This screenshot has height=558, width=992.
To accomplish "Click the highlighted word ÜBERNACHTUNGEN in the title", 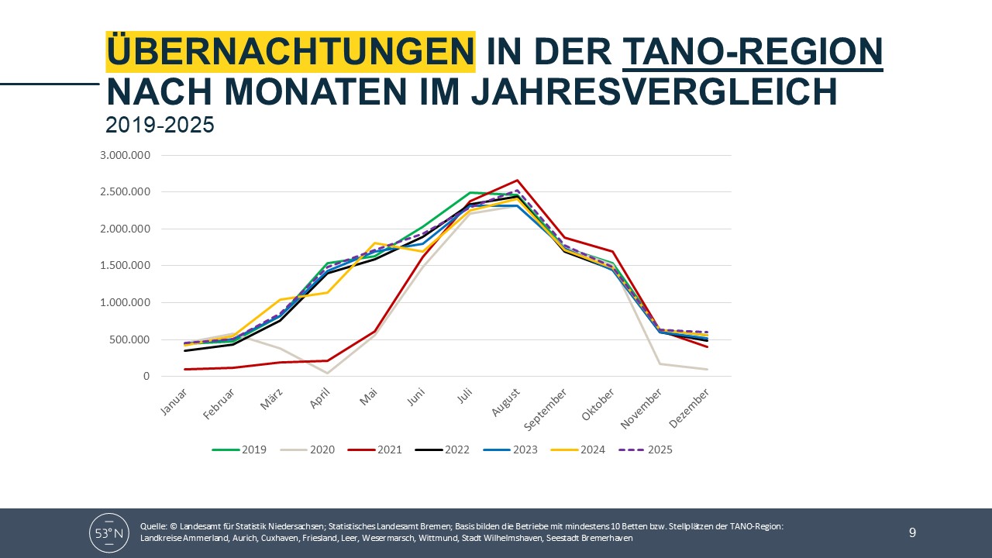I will (x=291, y=52).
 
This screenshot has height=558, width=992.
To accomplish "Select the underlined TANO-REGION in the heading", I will (x=753, y=52).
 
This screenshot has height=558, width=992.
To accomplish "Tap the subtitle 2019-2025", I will (x=160, y=125).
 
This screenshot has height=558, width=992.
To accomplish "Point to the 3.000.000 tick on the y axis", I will (x=125, y=155).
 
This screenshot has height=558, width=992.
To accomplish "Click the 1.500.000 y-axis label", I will (x=125, y=266).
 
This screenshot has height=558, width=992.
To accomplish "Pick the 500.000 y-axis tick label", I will (x=130, y=339).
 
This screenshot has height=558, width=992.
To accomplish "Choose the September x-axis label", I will (x=548, y=409).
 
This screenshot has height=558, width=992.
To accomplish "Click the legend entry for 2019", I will (x=239, y=449).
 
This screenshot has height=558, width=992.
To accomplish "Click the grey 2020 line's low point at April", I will (x=327, y=374).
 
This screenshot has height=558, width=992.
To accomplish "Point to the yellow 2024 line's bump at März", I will (x=280, y=300).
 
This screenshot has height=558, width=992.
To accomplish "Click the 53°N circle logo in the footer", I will (x=109, y=532).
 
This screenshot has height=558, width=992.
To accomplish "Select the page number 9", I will (x=912, y=532).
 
